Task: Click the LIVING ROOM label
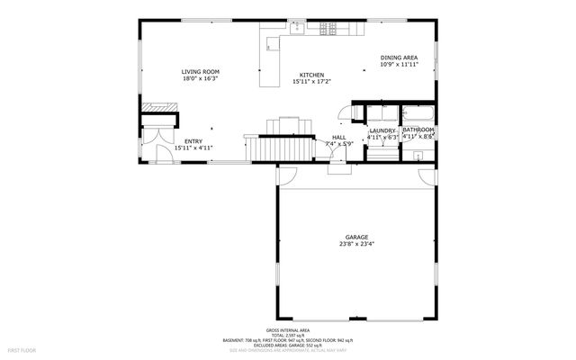200,71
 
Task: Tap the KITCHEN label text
312,75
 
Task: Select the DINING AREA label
400,57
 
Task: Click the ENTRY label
193,140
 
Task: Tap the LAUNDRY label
382,130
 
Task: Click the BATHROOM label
418,130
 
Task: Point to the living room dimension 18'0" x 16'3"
200,78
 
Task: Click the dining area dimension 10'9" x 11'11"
400,64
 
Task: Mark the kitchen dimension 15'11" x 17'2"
312,82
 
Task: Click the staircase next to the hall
278,147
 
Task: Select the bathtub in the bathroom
418,115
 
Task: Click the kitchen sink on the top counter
298,29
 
